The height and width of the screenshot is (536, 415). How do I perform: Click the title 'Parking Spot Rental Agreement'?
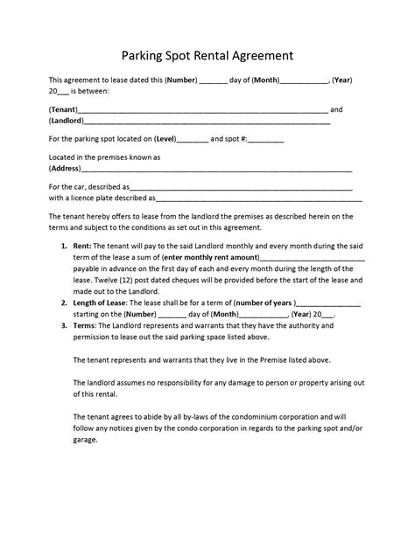pos(207,55)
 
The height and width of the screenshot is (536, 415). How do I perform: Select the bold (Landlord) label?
pos(68,122)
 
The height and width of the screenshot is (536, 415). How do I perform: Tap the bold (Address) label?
pos(67,168)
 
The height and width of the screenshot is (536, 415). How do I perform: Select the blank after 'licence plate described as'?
pos(254,198)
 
